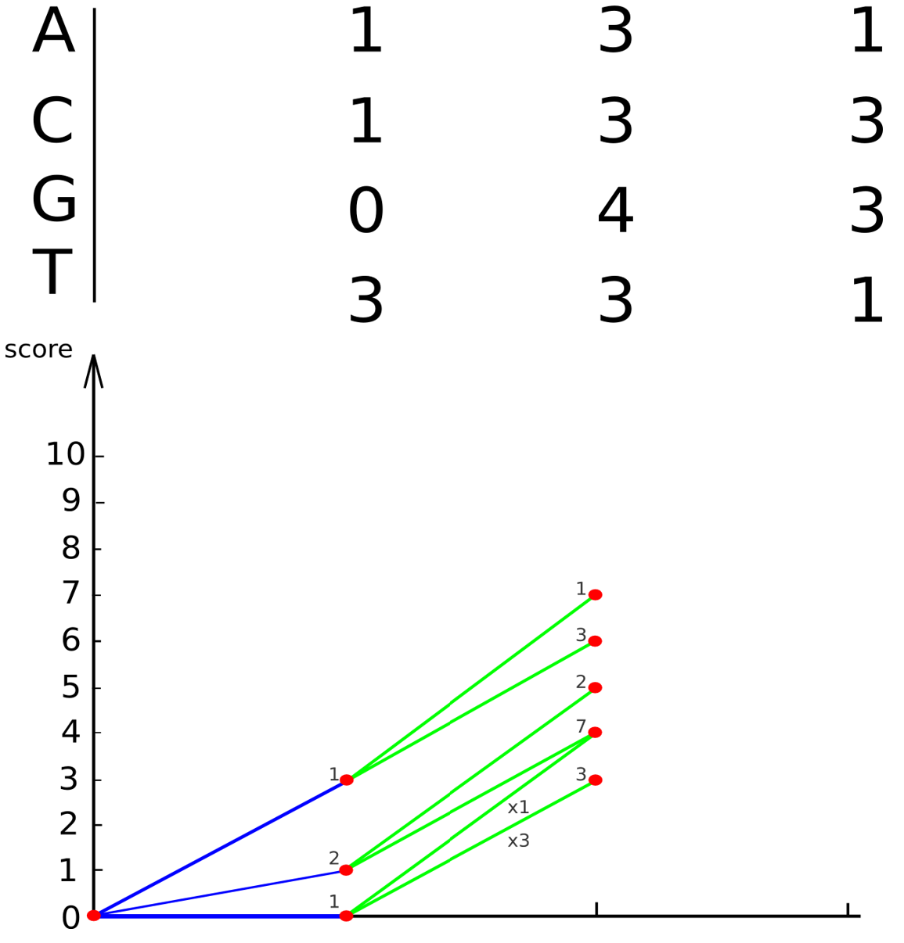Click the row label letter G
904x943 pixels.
54,200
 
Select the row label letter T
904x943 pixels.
52,272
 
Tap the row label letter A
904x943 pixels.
53,32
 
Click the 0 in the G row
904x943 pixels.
366,212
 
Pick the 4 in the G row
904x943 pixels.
615,212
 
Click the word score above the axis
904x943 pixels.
38,350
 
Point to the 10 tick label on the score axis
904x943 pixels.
65,455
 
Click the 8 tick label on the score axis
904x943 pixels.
70,549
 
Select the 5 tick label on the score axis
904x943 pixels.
70,688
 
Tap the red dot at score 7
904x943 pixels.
595,595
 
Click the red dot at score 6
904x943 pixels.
595,641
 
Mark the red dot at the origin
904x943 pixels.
94,916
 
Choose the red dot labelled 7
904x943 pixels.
595,733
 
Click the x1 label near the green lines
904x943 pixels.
518,808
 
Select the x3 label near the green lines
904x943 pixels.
518,841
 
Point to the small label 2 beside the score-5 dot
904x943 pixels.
581,682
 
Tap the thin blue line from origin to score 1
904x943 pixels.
220,893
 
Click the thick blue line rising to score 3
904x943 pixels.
220,848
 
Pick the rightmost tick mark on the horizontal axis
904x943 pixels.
848,909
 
